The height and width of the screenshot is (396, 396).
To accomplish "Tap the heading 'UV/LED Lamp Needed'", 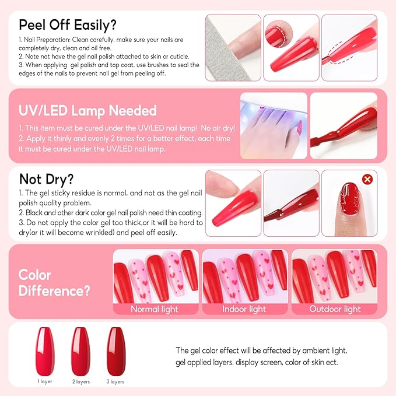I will [87, 110].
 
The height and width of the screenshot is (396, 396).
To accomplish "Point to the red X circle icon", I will [367, 179].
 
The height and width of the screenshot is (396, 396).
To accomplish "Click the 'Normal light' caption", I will [155, 309].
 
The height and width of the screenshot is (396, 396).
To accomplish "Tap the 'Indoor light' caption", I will [244, 309].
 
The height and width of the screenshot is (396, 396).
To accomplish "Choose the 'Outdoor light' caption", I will [335, 309].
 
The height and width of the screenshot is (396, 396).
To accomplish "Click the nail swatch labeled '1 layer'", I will [44, 349].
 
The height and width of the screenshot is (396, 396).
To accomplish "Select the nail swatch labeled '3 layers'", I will [115, 349].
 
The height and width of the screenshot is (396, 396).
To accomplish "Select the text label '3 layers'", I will [115, 381].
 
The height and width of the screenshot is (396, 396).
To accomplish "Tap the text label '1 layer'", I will [44, 381].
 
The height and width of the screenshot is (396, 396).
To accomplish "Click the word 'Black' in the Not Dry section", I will [36, 213].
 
